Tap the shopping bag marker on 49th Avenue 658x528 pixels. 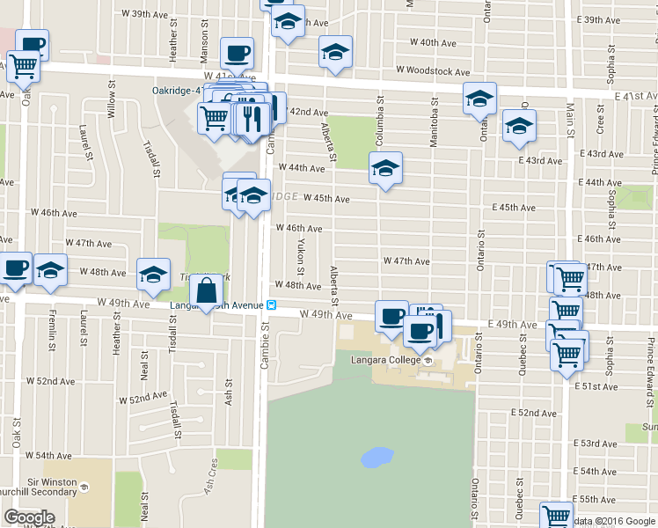pyautogui.click(x=206, y=292)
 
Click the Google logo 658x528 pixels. pyautogui.click(x=29, y=517)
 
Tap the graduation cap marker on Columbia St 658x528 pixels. pyautogui.click(x=385, y=169)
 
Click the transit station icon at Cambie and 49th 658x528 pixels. pyautogui.click(x=273, y=306)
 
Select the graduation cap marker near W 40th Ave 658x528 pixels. pyautogui.click(x=335, y=54)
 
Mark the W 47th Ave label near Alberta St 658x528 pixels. pyautogui.click(x=406, y=261)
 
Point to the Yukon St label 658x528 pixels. pyautogui.click(x=301, y=253)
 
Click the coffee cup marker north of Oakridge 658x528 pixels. pyautogui.click(x=237, y=54)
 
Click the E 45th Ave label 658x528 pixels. pyautogui.click(x=515, y=208)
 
